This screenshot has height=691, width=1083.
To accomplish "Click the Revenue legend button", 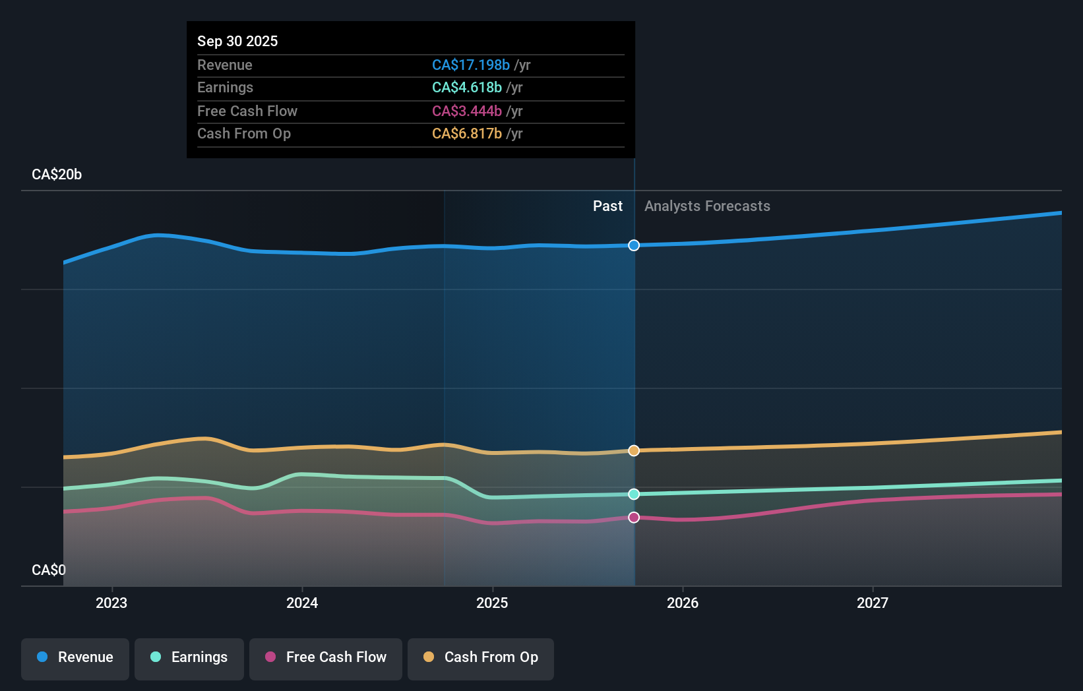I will tap(75, 657).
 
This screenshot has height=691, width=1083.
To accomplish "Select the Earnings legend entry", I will tap(189, 657).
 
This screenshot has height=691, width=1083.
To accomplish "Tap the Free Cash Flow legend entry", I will tap(326, 657).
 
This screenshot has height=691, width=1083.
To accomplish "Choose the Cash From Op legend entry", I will tap(481, 657).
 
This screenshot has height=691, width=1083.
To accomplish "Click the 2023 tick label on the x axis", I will tap(111, 603).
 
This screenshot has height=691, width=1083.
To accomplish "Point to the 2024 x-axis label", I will tap(302, 603).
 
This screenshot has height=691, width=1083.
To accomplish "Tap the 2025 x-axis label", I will tap(492, 603).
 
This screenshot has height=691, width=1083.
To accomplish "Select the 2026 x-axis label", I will tap(683, 603).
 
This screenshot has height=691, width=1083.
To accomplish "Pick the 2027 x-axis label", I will tap(873, 603).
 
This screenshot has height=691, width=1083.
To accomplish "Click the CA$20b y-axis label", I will tap(57, 175).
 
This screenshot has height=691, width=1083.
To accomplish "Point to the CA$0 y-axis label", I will tap(49, 570).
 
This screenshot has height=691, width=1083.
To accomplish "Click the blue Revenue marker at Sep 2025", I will tap(634, 245).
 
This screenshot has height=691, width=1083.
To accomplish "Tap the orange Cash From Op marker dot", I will tap(634, 450).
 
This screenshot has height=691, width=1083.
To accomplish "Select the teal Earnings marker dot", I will tap(634, 494).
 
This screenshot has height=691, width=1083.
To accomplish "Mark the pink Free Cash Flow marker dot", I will tap(634, 518).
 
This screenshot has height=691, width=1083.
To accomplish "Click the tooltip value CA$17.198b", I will tap(471, 65).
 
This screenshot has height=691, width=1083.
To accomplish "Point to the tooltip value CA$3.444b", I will tap(467, 111).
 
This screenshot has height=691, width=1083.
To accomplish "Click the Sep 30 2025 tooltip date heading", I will tap(237, 41).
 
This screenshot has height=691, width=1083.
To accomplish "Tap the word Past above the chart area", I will tap(607, 206).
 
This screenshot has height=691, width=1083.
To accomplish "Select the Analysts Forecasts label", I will tap(707, 206).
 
